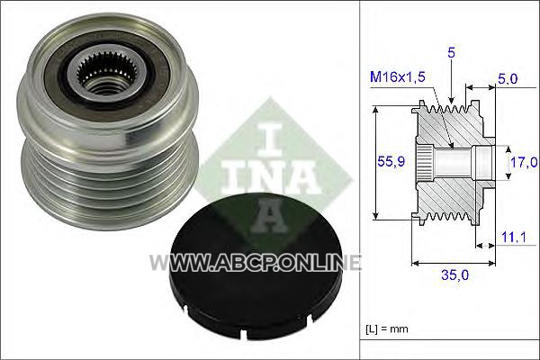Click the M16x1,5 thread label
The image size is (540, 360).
(398, 76)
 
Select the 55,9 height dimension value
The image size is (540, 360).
(391, 161)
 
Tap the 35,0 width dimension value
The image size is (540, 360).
(454, 274)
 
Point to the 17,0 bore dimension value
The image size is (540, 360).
(524, 162)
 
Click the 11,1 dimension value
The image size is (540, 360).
(513, 238)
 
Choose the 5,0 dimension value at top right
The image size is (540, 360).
(508, 78)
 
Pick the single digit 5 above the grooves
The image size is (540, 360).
(451, 52)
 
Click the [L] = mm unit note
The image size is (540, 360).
(387, 328)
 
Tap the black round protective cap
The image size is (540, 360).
(256, 265)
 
